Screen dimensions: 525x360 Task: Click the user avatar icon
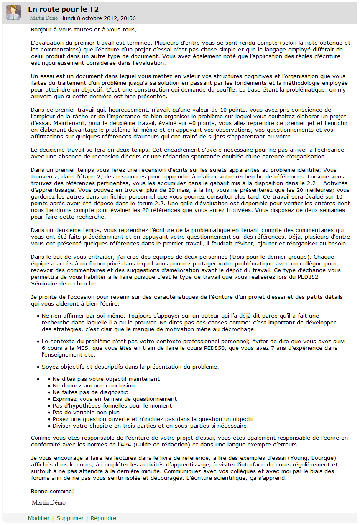tap(13, 13)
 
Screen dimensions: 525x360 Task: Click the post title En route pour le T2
tap(63, 9)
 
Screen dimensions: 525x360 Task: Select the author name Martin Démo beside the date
tap(44, 18)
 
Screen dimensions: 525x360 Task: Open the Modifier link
tap(38, 518)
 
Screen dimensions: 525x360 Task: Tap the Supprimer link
tap(70, 518)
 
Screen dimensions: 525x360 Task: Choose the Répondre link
tap(103, 518)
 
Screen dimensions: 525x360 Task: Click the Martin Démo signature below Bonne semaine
tap(49, 502)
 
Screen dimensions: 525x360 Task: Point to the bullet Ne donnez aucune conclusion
tap(93, 385)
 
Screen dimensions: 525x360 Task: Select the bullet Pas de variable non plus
tap(86, 412)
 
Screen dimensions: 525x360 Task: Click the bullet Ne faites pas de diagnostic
tap(90, 392)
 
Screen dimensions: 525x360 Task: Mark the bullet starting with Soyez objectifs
tap(130, 367)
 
